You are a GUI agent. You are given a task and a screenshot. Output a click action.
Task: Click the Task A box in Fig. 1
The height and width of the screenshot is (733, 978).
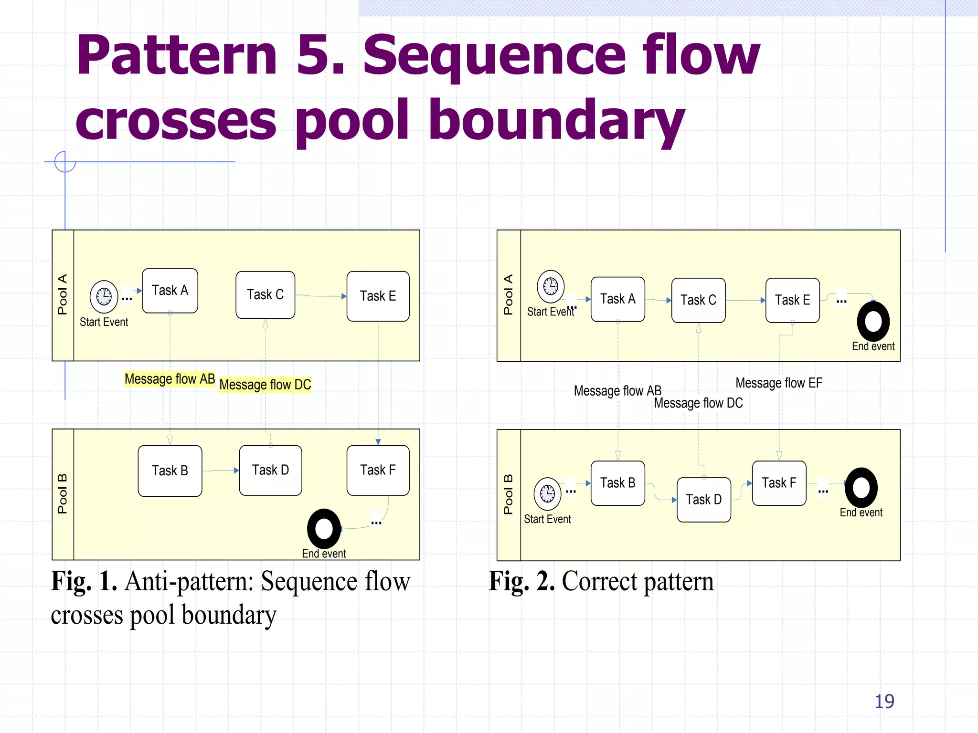[170, 291]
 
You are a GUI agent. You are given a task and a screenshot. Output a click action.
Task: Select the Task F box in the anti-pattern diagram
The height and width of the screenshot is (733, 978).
[378, 470]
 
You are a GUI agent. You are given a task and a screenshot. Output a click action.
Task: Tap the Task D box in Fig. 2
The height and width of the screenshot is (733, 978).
[703, 500]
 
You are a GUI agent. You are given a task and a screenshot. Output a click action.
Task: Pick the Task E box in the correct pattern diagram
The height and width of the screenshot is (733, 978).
[792, 300]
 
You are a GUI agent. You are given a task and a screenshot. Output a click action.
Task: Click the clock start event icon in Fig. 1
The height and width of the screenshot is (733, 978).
[104, 296]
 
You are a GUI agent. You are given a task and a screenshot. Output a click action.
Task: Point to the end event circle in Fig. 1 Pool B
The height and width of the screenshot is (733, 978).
[324, 529]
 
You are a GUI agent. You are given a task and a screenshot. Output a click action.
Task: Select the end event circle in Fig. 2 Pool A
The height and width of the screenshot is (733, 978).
[873, 321]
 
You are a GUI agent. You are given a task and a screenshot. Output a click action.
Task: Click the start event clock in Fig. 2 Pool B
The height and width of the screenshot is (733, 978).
[547, 493]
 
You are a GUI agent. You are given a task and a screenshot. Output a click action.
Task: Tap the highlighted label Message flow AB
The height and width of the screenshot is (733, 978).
[170, 379]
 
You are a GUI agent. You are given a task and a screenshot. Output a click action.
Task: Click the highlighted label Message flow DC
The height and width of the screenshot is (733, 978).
[265, 385]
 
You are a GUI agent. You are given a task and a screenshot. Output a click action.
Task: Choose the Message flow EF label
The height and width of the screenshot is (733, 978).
[778, 383]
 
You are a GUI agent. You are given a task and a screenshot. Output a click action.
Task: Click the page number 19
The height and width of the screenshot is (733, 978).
[884, 701]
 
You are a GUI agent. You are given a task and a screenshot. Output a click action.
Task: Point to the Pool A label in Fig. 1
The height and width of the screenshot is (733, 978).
[63, 294]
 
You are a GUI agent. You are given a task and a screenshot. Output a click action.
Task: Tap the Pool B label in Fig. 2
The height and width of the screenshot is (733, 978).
[508, 494]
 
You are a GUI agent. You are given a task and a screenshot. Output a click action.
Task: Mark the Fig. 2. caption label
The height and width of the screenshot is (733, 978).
[521, 581]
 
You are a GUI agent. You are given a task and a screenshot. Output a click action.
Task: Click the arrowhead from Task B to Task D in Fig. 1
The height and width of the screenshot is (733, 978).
[236, 471]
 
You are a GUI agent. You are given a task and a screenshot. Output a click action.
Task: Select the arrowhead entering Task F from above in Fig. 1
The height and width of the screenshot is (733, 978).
[378, 442]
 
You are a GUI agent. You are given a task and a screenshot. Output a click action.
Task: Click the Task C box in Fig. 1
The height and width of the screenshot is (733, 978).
[265, 295]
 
